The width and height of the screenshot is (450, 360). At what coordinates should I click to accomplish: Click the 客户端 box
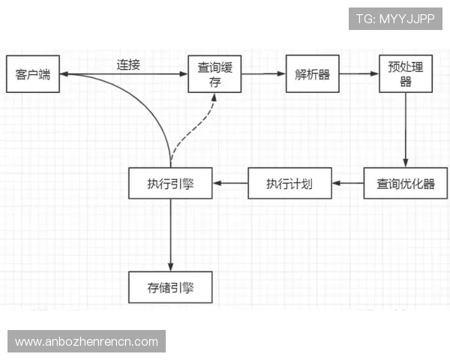tap(32, 73)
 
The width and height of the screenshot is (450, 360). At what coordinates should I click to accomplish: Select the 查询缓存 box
tap(214, 73)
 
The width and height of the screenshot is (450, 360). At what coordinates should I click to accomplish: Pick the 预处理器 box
tap(406, 73)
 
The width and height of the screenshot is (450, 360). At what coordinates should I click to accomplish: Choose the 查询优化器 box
tap(406, 184)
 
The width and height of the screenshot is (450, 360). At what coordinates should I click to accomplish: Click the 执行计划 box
tap(289, 184)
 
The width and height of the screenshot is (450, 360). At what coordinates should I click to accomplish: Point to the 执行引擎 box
tap(170, 184)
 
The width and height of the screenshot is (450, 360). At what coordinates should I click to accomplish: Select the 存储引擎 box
tap(170, 287)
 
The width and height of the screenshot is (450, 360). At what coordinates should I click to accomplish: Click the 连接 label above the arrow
tap(128, 64)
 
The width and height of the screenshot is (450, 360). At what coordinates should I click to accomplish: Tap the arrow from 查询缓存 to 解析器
tap(263, 74)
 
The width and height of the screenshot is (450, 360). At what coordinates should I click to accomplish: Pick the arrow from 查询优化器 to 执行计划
tap(348, 184)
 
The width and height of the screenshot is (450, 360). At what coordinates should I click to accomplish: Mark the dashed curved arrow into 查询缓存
tap(196, 127)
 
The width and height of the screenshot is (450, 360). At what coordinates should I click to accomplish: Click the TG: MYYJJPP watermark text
tap(395, 19)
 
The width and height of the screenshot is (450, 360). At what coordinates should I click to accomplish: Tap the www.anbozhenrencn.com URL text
tap(86, 342)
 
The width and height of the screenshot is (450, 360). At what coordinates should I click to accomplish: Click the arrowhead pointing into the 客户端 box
tap(63, 74)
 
